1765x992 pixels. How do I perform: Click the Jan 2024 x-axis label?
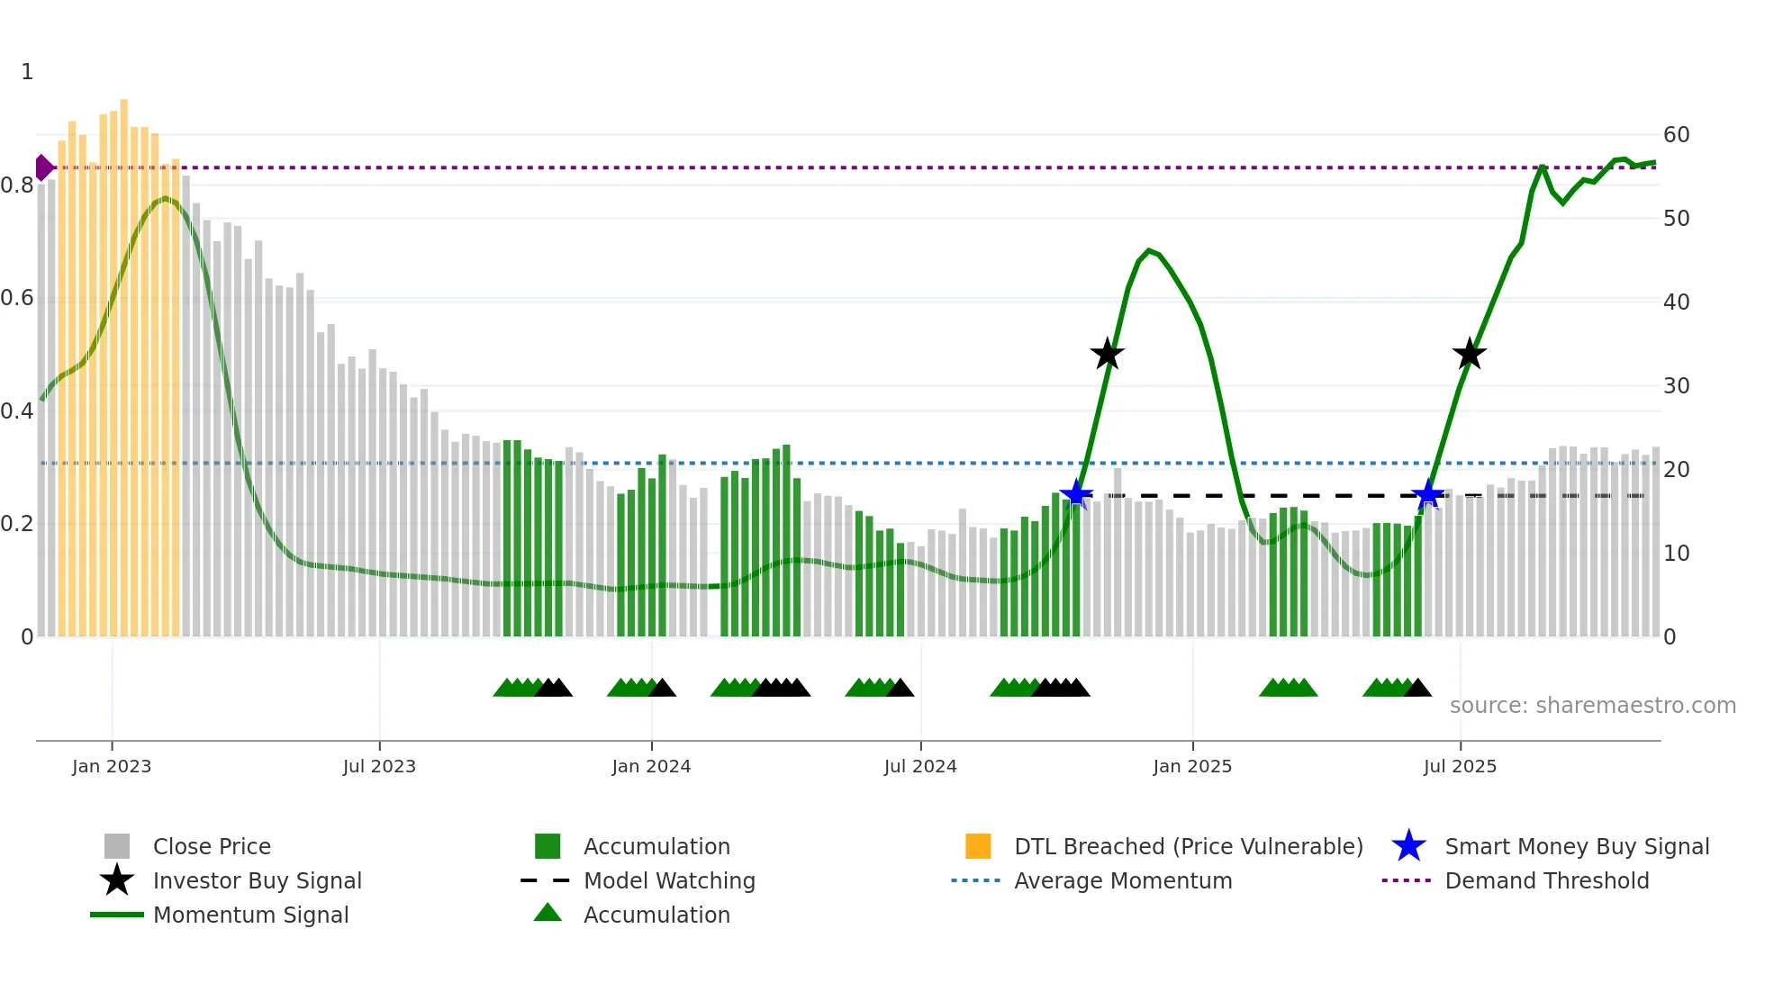pos(651,766)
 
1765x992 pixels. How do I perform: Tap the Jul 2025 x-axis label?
pos(1460,766)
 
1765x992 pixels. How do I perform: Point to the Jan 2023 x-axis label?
pos(112,766)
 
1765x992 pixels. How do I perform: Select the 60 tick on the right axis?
pos(1676,135)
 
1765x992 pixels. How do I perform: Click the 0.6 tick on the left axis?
pos(17,298)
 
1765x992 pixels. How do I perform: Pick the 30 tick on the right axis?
pos(1676,386)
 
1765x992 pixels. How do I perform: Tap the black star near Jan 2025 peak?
pos(1108,354)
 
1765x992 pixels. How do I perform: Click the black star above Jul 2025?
pos(1470,354)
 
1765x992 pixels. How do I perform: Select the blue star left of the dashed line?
pos(1076,494)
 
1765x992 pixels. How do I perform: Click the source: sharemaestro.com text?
pos(1592,706)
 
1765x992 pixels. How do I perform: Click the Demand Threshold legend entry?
pos(1546,880)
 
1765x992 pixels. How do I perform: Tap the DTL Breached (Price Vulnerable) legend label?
pos(1188,846)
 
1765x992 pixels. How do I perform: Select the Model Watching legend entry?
pos(668,880)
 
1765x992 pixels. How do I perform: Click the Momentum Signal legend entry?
pos(250,915)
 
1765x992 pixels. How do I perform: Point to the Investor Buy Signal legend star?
pos(117,880)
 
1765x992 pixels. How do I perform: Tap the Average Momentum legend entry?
pos(1122,880)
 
